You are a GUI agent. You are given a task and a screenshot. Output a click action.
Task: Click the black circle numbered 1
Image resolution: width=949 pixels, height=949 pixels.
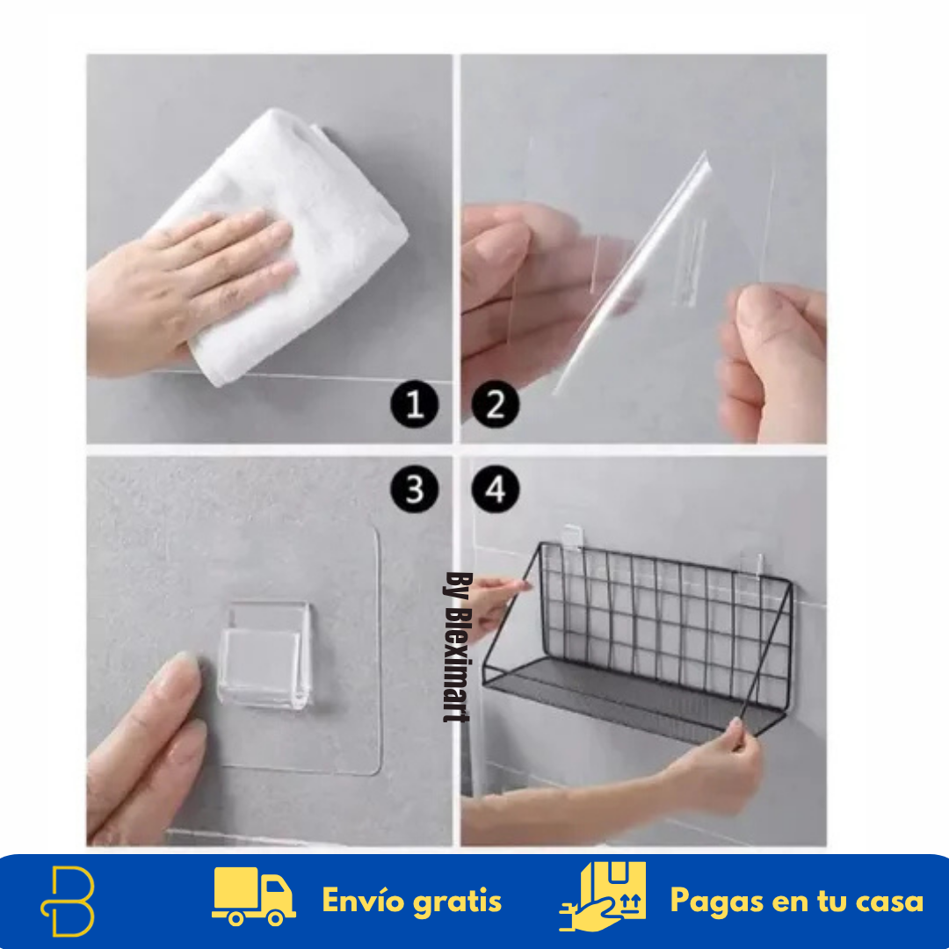[x=415, y=405]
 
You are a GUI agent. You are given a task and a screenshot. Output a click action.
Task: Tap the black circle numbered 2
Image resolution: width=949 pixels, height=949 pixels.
[x=496, y=405]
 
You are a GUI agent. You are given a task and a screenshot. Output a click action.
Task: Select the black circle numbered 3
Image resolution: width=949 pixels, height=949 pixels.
[x=415, y=489]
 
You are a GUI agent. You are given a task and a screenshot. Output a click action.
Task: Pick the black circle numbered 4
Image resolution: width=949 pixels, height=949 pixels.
[x=496, y=489]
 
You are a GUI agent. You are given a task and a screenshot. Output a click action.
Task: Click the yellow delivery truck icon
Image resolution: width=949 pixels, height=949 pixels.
[x=253, y=897]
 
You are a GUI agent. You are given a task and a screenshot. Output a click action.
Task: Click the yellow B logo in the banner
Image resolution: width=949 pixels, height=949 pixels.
[x=68, y=901]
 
